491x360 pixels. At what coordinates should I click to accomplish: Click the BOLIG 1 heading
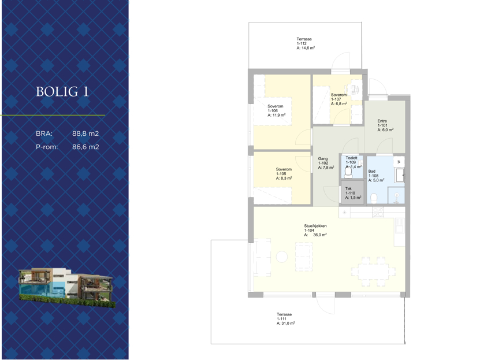pos(62,91)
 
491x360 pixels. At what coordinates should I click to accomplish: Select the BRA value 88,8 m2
pos(85,133)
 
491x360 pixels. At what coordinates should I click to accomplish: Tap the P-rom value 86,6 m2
pos(85,147)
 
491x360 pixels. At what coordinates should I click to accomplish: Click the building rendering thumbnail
pos(67,287)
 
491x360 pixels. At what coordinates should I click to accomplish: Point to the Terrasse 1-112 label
pos(306,43)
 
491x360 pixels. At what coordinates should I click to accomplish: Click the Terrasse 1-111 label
pos(285,318)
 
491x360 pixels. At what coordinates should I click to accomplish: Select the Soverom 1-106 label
pos(277,110)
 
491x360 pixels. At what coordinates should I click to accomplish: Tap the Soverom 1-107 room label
pos(339,99)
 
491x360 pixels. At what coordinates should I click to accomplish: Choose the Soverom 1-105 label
pos(284,173)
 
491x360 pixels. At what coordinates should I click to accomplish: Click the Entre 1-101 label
pos(385,125)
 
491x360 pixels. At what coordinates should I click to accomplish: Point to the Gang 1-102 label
pos(326,163)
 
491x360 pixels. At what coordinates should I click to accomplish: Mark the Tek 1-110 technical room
pos(352,192)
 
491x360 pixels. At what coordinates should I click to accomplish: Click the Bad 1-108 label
pos(376,176)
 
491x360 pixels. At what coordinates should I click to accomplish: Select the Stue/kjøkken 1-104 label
pos(315,231)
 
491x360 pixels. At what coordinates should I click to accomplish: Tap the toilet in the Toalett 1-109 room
pos(348,172)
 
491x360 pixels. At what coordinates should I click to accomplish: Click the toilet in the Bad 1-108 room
pos(374,199)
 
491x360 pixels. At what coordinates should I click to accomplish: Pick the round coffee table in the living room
pos(282,257)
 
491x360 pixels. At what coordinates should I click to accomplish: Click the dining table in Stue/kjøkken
pos(373,272)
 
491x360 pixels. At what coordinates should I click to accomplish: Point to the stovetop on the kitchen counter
pos(378,212)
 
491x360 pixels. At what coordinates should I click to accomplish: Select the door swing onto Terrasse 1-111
pos(325,304)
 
